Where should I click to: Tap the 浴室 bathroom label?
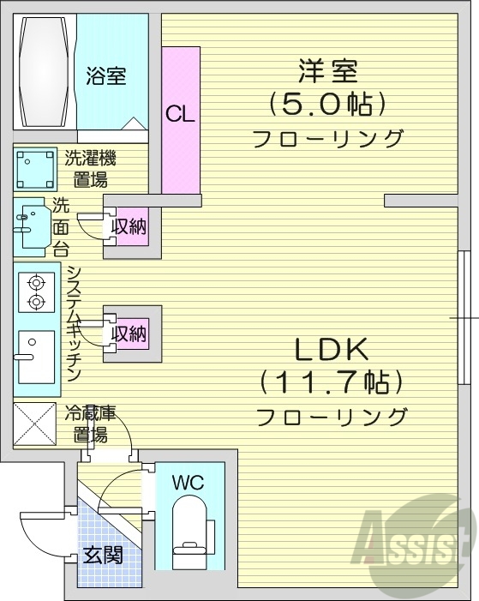click(105, 76)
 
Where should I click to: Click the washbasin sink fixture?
click(33, 225)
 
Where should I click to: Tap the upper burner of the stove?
click(36, 282)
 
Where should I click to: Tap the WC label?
click(188, 483)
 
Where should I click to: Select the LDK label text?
click(332, 350)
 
